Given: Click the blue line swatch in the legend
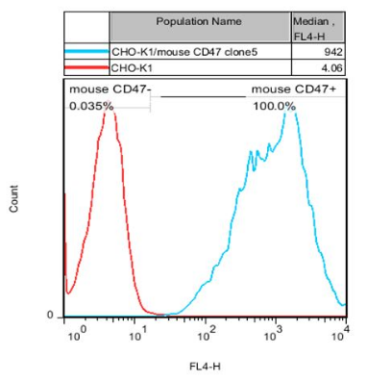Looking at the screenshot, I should click(x=86, y=51).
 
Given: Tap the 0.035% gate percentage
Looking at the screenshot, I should click(x=88, y=106).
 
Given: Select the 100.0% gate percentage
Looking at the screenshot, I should click(x=274, y=106).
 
